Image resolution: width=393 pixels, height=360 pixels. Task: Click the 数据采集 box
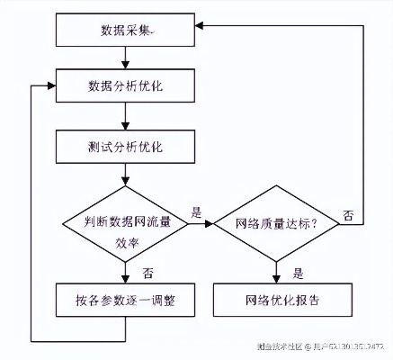click(x=125, y=31)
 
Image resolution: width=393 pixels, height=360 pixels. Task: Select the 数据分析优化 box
click(x=125, y=88)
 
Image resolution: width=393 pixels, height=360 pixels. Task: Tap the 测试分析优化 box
click(x=125, y=146)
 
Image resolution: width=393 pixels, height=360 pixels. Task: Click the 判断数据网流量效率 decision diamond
click(x=125, y=222)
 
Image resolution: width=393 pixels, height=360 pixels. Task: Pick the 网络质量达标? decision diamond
click(x=275, y=222)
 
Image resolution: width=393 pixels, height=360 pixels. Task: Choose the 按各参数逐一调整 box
click(x=125, y=301)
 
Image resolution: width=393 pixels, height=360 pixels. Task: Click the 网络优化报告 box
click(x=275, y=301)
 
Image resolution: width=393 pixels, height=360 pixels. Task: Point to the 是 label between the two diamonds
click(x=196, y=212)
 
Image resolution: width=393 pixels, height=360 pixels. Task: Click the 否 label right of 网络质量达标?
click(x=348, y=215)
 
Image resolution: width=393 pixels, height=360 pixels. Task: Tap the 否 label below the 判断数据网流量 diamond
click(x=147, y=271)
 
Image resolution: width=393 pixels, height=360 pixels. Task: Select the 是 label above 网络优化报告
click(x=298, y=271)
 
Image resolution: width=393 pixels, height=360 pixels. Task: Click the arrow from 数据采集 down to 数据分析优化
click(x=125, y=59)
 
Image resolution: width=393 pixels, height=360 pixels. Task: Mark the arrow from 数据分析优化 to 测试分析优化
click(x=125, y=117)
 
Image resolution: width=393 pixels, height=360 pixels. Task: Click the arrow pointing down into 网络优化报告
click(x=275, y=272)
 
